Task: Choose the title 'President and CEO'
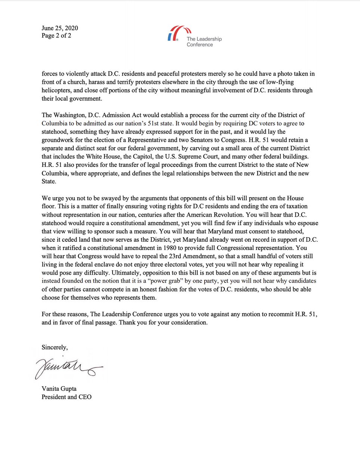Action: tap(67, 397)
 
